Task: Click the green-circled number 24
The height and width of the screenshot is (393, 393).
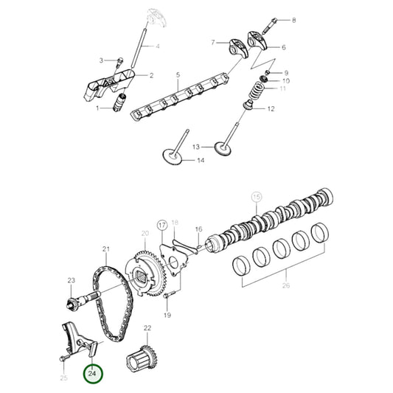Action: tap(93, 375)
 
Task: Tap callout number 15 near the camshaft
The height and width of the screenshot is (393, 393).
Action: tap(257, 197)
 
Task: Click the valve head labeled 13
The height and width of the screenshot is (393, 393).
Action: tap(223, 147)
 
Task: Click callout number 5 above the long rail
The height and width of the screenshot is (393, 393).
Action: tap(178, 75)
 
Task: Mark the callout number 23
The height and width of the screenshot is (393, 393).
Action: tap(72, 280)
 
